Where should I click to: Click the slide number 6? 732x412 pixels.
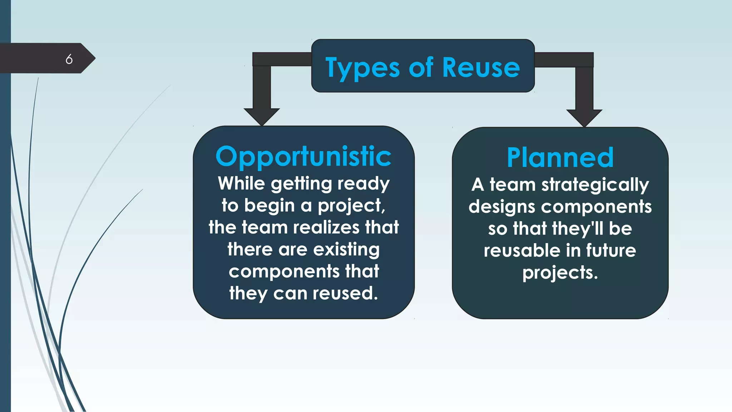click(x=69, y=59)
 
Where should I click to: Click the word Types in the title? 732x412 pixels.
click(x=362, y=68)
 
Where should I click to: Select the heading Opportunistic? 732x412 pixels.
click(x=303, y=157)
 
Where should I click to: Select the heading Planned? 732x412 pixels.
click(x=560, y=158)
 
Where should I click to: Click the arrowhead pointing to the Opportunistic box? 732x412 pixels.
click(x=262, y=116)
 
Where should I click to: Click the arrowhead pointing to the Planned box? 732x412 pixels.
click(x=584, y=117)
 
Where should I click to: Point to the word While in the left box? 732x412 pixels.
click(x=241, y=183)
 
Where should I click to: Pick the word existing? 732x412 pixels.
click(x=346, y=250)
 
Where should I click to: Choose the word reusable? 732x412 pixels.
click(x=522, y=250)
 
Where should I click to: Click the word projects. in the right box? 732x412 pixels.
click(x=560, y=273)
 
